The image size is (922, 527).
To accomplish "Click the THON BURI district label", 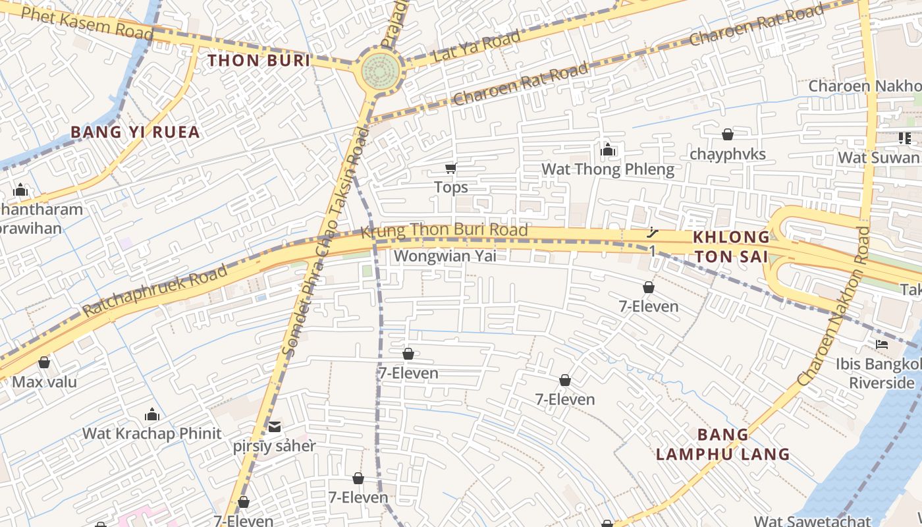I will (259, 61).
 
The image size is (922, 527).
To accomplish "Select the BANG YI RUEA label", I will (135, 132).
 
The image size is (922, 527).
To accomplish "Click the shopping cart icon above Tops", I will (451, 169).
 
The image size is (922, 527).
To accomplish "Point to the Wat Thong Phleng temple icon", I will (608, 150).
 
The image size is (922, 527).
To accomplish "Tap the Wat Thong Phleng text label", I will (608, 170).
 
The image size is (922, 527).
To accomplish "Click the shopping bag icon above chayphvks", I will (728, 134).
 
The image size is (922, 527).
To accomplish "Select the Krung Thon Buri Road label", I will (445, 230).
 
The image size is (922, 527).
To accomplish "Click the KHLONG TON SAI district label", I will (731, 246).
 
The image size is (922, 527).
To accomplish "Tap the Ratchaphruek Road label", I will (155, 290).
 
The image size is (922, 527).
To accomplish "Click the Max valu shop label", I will (44, 382).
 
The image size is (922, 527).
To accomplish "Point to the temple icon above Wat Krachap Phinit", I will (152, 414).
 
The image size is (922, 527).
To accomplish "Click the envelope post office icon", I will (275, 426).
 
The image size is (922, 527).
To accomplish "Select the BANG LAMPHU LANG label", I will (723, 444).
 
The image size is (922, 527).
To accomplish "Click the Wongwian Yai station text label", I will (445, 256).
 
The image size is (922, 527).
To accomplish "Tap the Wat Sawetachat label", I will (812, 521).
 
